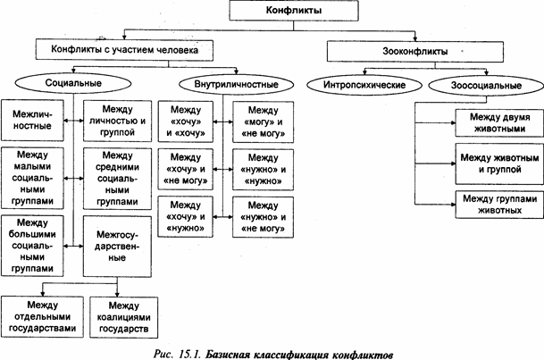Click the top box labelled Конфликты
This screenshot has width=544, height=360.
(284, 10)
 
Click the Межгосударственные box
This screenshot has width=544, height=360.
(113, 245)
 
